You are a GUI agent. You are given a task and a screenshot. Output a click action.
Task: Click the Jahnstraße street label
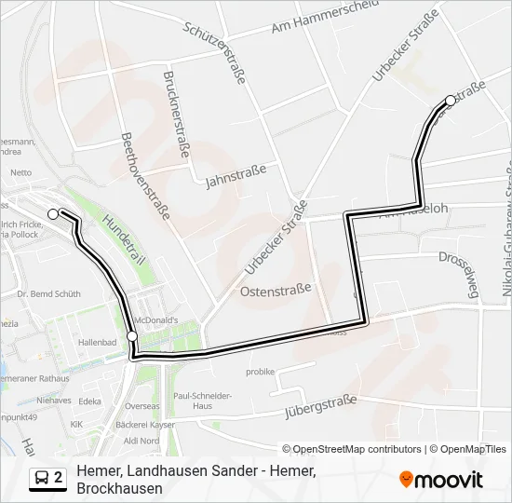pyautogui.click(x=236, y=175)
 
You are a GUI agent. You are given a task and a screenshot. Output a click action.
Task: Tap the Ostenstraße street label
pyautogui.click(x=276, y=291)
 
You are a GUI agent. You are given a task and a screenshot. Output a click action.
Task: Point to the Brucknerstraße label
pyautogui.click(x=179, y=117)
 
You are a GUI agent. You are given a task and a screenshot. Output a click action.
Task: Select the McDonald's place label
pyautogui.click(x=155, y=319)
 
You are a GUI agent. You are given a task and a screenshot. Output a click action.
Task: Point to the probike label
pyautogui.click(x=260, y=372)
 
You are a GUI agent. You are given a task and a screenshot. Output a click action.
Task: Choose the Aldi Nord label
pyautogui.click(x=142, y=440)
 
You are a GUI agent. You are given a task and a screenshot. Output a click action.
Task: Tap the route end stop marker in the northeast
pyautogui.click(x=451, y=101)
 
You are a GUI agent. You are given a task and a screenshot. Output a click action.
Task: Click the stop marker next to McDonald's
pyautogui.click(x=132, y=336)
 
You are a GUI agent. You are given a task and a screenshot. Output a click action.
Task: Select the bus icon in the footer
pyautogui.click(x=43, y=478)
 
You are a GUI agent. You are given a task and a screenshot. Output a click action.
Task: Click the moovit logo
pyautogui.click(x=441, y=480)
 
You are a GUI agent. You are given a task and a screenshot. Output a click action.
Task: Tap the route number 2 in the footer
pyautogui.click(x=59, y=478)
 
